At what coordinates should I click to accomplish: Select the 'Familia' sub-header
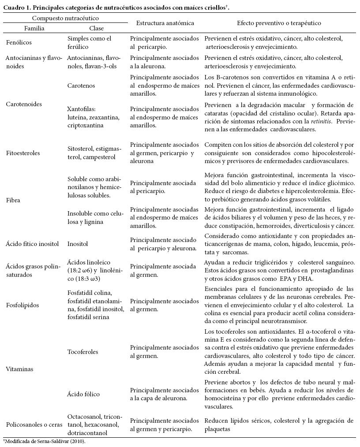34,28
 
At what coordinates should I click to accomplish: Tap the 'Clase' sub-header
96,28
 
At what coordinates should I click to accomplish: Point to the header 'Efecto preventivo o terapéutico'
279,23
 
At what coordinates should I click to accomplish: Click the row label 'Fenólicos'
19,43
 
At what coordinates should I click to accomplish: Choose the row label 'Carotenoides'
24,104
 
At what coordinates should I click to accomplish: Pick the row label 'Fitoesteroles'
23,153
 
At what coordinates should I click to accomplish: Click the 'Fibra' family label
13,200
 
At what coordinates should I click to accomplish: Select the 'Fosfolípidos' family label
22,305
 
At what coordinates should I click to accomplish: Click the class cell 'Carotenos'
81,86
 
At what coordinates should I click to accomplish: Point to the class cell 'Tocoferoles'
83,352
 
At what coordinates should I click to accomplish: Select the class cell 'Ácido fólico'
83,394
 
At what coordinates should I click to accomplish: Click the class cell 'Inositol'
78,244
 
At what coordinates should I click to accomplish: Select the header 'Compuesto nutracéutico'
65,19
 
